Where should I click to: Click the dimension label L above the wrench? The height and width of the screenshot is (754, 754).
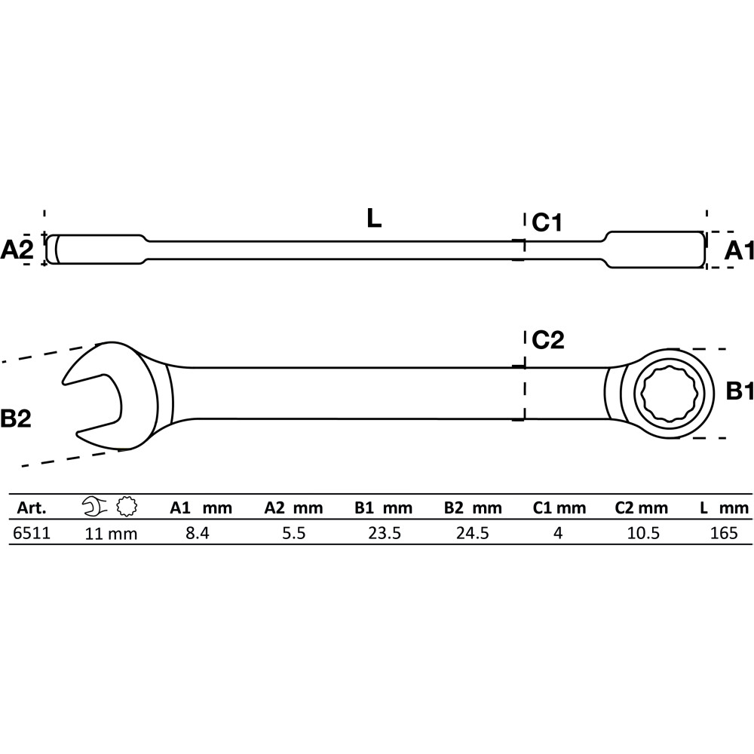pos(374,219)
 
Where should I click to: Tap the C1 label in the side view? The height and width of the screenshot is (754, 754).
pos(547,222)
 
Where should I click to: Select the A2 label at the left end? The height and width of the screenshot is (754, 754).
pos(17,250)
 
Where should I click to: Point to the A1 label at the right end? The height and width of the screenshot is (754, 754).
pos(739,250)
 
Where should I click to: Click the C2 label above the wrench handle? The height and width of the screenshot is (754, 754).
pos(547,340)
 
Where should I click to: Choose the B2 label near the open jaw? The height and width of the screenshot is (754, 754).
pos(15,418)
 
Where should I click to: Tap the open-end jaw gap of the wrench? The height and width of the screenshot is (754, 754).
pos(93,399)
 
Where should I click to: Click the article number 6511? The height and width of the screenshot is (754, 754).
pos(31,533)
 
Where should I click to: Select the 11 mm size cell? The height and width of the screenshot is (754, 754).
pos(111,534)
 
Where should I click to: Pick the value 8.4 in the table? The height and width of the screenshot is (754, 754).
pos(198,533)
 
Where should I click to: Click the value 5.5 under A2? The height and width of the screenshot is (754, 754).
pos(293,533)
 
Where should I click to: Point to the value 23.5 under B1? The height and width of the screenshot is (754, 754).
pos(385,533)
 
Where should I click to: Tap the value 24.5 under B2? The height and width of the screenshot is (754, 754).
pos(473,533)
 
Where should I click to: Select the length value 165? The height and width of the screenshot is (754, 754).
pos(724,533)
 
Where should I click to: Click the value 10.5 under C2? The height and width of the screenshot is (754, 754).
pos(643,533)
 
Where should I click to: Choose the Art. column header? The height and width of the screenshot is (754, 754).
pos(32,507)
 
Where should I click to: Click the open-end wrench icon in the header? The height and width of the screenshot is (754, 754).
pos(95,507)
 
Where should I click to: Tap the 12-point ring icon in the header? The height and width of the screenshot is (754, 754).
pos(127,507)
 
